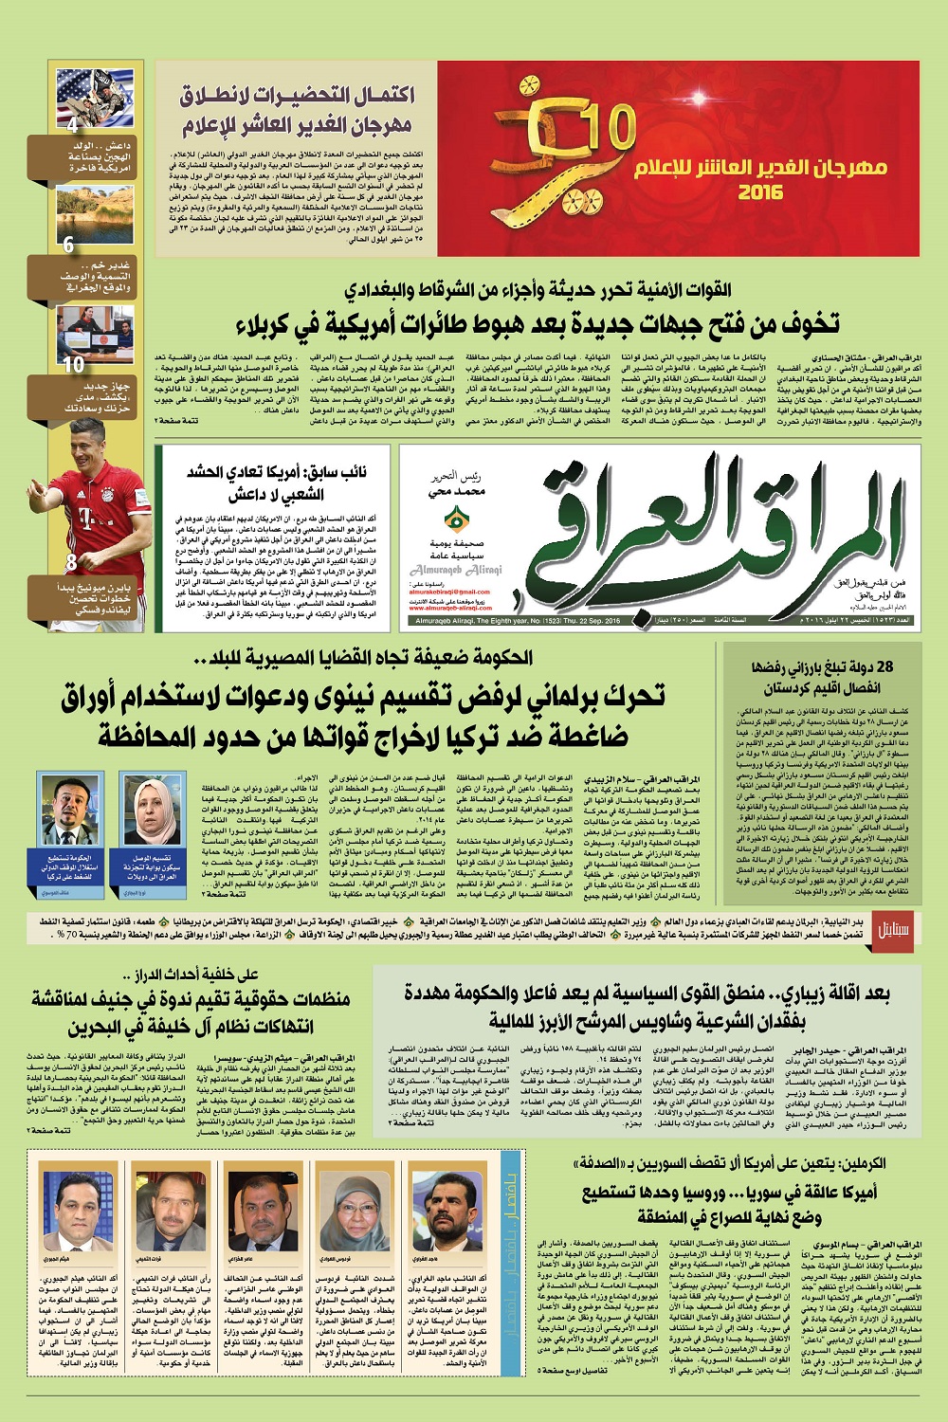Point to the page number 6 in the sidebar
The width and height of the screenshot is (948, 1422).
click(x=68, y=245)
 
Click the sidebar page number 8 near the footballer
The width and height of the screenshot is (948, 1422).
click(x=71, y=563)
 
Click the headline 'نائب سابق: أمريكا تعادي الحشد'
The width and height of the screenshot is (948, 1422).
click(x=284, y=473)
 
